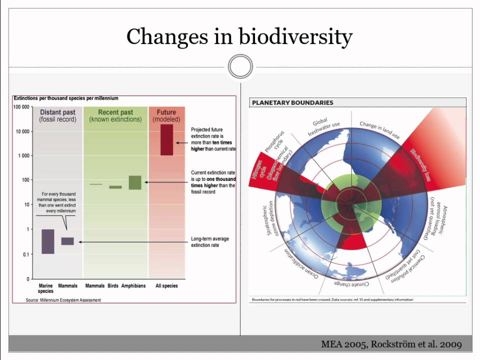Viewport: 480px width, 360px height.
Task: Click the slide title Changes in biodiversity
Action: tap(239, 36)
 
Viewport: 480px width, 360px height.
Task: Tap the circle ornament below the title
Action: tap(240, 67)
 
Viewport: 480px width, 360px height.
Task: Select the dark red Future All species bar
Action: tap(166, 139)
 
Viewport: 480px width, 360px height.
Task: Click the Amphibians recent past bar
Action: tap(134, 182)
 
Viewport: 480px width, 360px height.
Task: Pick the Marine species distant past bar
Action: tap(47, 241)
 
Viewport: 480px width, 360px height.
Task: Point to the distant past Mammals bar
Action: tap(67, 241)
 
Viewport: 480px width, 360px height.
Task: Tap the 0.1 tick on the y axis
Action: tap(23, 254)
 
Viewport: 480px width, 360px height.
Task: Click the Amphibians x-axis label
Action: tap(133, 286)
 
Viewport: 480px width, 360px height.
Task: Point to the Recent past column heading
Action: tap(115, 115)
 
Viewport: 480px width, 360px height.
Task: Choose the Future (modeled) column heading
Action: tap(166, 115)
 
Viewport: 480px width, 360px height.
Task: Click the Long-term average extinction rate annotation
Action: tap(210, 242)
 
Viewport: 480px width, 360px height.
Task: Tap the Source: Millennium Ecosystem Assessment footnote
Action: tap(63, 300)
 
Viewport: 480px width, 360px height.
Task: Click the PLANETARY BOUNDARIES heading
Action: tap(292, 102)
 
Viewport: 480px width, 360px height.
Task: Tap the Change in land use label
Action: tap(379, 128)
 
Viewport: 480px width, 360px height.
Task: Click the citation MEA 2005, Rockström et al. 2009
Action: tap(391, 344)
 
